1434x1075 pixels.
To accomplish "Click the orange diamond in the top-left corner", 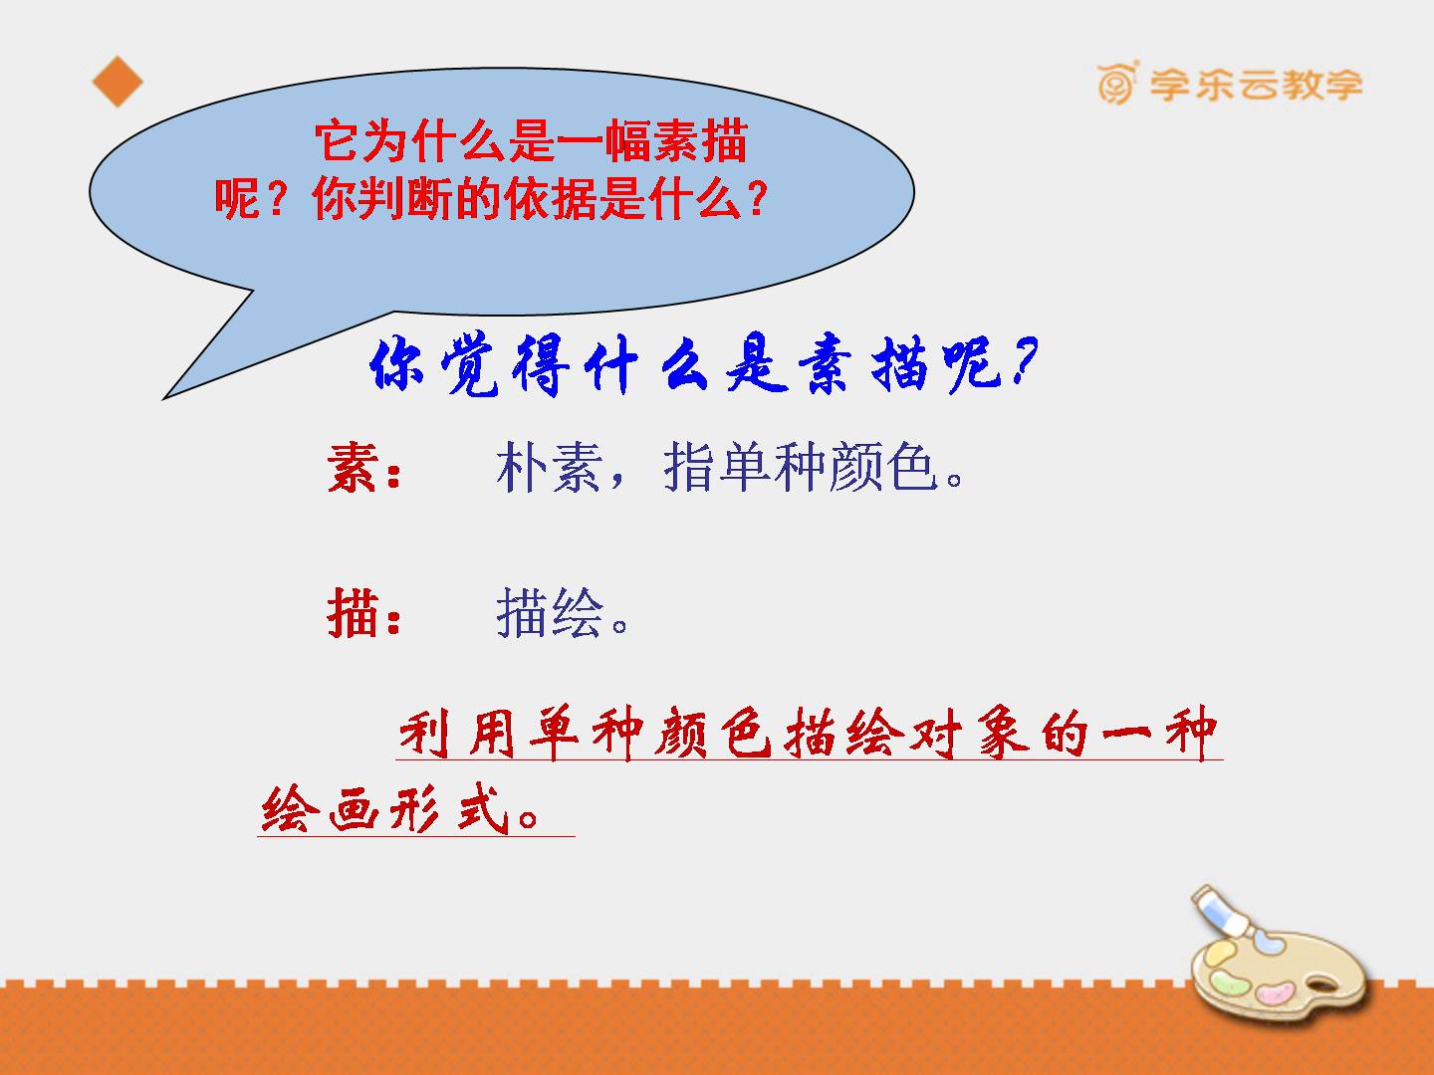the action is [118, 82].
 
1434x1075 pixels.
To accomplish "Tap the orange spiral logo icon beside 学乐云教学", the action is [1117, 83].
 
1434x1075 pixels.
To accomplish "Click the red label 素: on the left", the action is [363, 468].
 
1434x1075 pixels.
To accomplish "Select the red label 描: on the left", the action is [363, 612].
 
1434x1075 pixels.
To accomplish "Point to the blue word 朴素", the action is [549, 468].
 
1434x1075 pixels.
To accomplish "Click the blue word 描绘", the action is [549, 612].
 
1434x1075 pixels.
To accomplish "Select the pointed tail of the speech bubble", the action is [164, 397].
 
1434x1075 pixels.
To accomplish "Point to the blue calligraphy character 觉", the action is [470, 364].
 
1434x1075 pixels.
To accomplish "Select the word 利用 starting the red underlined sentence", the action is [457, 734].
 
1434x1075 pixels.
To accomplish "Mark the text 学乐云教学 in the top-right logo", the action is [1256, 85].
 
